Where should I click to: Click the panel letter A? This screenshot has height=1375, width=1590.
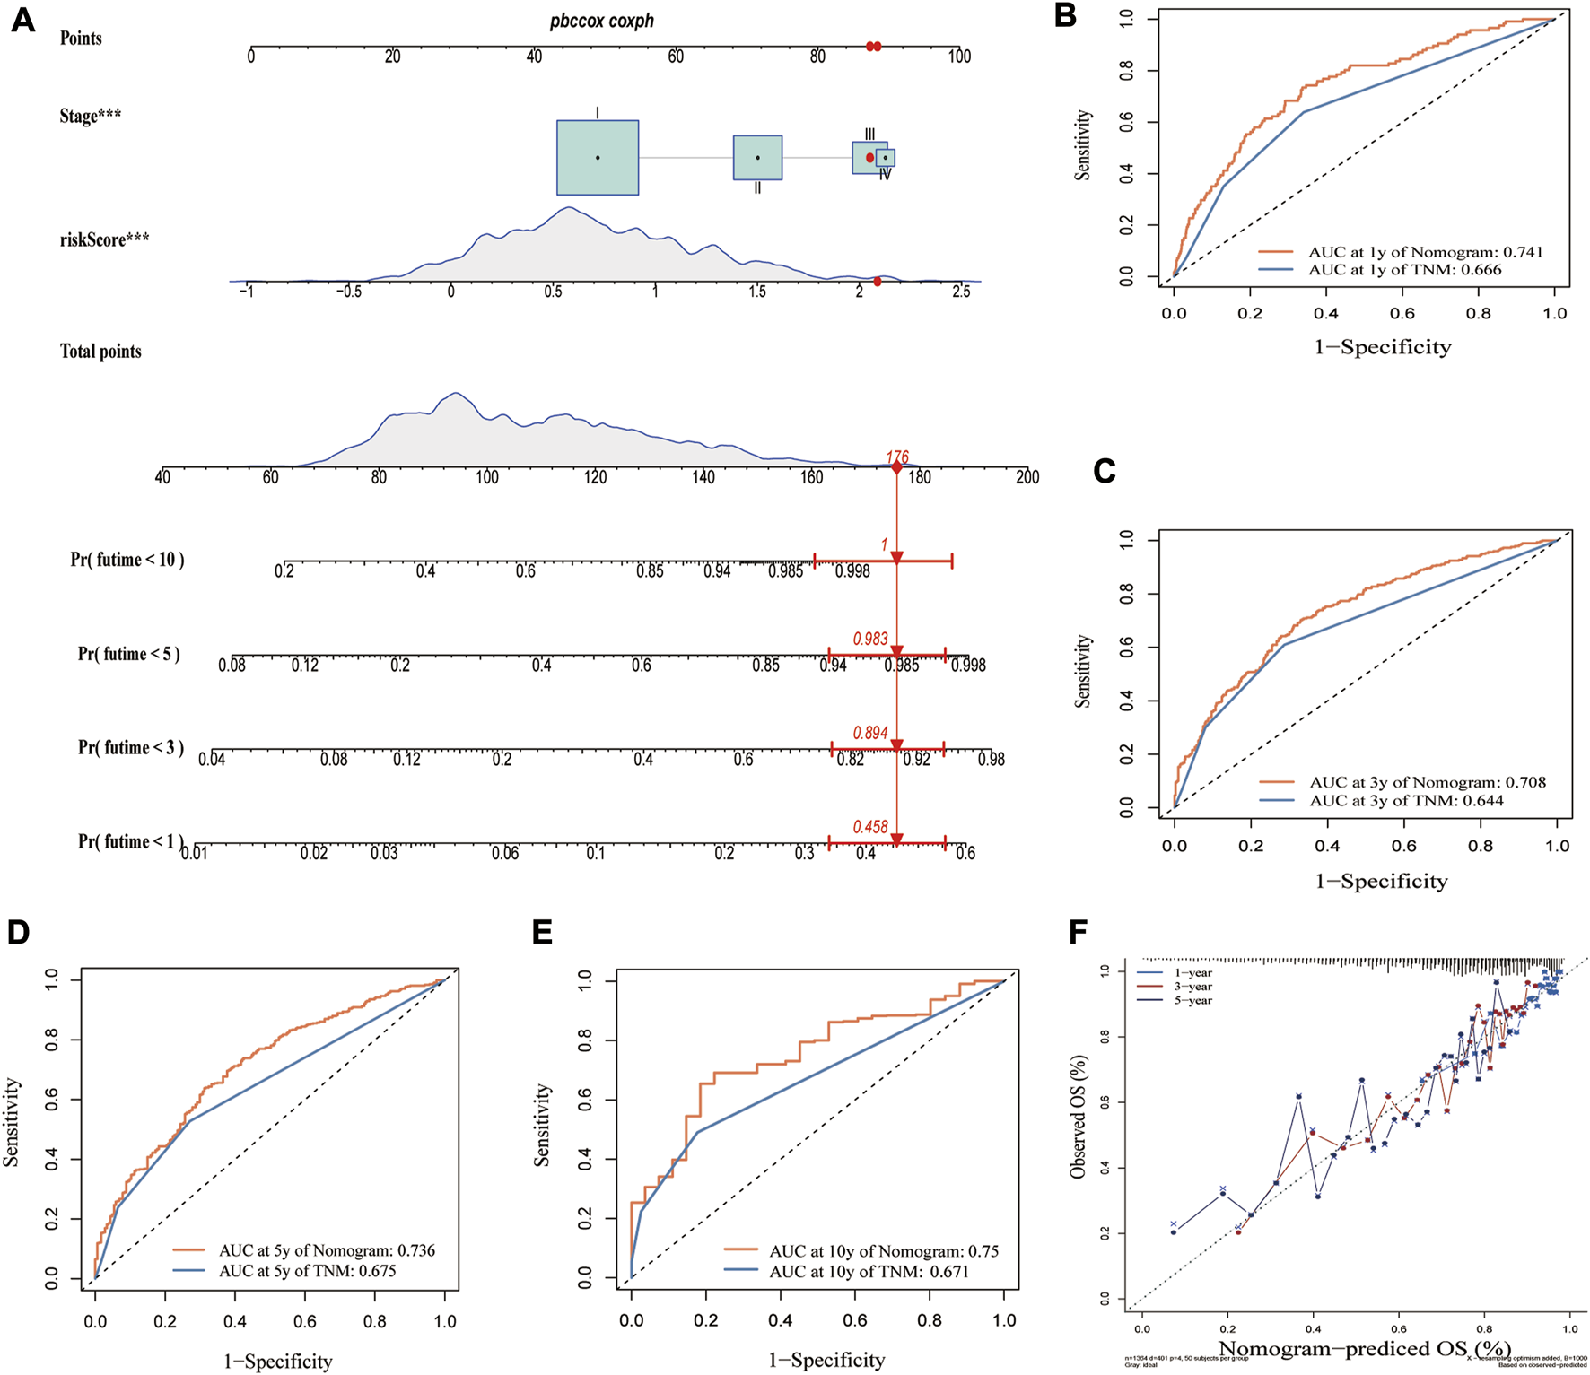pyautogui.click(x=23, y=20)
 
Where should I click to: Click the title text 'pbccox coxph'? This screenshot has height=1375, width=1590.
pyautogui.click(x=601, y=21)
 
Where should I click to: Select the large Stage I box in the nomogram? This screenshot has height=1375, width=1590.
pyautogui.click(x=598, y=158)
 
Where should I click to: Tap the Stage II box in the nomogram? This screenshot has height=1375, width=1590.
pyautogui.click(x=757, y=158)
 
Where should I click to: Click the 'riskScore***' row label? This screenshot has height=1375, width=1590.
pyautogui.click(x=104, y=239)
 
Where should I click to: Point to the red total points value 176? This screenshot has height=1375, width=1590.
pyautogui.click(x=897, y=457)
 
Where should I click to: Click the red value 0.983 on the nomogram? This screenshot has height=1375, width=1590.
pyautogui.click(x=870, y=639)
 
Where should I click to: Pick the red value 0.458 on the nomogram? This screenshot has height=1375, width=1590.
pyautogui.click(x=870, y=827)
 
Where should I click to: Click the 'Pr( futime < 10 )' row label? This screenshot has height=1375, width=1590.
pyautogui.click(x=127, y=560)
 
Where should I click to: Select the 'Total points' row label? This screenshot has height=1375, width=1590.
pyautogui.click(x=100, y=352)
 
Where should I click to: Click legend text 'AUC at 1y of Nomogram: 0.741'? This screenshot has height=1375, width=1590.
pyautogui.click(x=1425, y=252)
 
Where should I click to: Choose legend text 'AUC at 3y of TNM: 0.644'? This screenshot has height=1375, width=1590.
pyautogui.click(x=1406, y=800)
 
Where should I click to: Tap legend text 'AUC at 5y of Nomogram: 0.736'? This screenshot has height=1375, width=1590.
pyautogui.click(x=327, y=1250)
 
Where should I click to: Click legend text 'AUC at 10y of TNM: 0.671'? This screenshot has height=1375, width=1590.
pyautogui.click(x=869, y=1271)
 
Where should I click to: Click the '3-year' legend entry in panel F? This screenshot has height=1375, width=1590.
pyautogui.click(x=1192, y=987)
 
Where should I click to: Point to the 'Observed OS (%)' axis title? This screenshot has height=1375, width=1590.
pyautogui.click(x=1079, y=1117)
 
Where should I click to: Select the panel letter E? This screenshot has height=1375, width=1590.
pyautogui.click(x=542, y=933)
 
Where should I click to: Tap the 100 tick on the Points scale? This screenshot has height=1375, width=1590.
pyautogui.click(x=959, y=57)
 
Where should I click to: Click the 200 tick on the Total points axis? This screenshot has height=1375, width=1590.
pyautogui.click(x=1027, y=477)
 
